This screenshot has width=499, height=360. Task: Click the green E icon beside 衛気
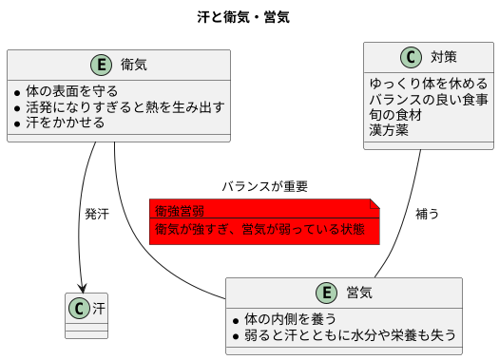[102, 65]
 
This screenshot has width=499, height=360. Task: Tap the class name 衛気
[134, 65]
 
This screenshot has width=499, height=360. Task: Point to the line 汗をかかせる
[66, 123]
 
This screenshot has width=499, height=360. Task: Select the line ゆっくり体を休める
[429, 83]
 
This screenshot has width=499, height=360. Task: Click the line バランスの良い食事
[429, 99]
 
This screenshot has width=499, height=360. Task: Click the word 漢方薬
[389, 130]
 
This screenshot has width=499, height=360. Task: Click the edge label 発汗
[96, 214]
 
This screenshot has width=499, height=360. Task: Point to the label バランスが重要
[265, 186]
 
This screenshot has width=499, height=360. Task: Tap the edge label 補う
[428, 214]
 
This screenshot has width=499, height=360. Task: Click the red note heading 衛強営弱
[180, 210]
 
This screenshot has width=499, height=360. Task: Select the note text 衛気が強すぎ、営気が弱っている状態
[259, 229]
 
